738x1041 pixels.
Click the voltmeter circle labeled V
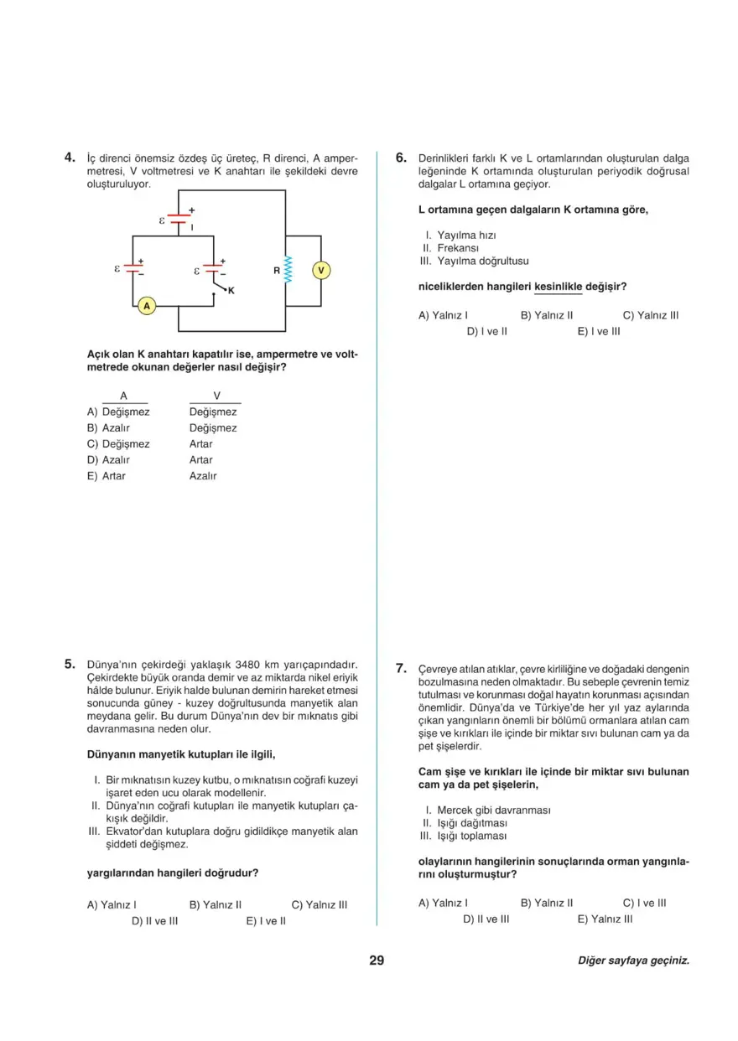pyautogui.click(x=320, y=270)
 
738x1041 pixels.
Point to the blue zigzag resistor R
pyautogui.click(x=288, y=270)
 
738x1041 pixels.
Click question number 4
pyautogui.click(x=71, y=157)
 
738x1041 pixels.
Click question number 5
pyautogui.click(x=71, y=664)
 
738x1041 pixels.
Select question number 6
pyautogui.click(x=401, y=157)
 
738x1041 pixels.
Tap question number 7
pyautogui.click(x=401, y=669)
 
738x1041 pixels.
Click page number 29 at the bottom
pyautogui.click(x=376, y=961)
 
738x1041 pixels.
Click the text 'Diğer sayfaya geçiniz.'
pyautogui.click(x=633, y=961)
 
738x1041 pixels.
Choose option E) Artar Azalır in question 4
pyautogui.click(x=151, y=476)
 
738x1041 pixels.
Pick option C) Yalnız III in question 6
pyautogui.click(x=650, y=315)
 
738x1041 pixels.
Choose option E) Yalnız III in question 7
pyautogui.click(x=605, y=919)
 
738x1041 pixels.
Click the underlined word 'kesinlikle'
pyautogui.click(x=558, y=287)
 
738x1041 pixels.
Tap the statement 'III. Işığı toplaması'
pyautogui.click(x=463, y=836)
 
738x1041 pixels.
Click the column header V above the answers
pyautogui.click(x=216, y=396)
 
